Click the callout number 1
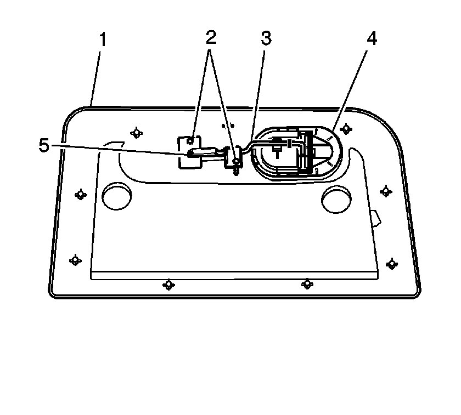[103, 39]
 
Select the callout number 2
[211, 37]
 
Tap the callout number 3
[266, 38]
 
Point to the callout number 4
[372, 38]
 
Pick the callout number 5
[44, 145]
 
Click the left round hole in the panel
[117, 196]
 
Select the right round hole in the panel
[336, 199]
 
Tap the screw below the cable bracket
[236, 170]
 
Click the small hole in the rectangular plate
[190, 141]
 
